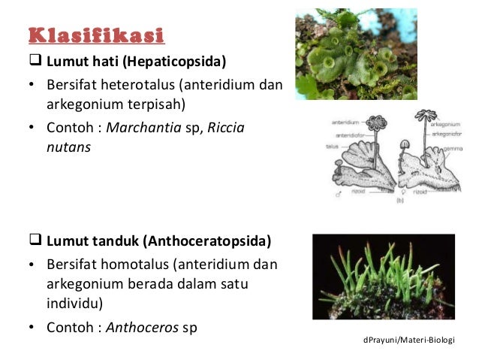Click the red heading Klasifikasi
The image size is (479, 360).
97,35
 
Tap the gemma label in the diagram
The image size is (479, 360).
450,150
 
